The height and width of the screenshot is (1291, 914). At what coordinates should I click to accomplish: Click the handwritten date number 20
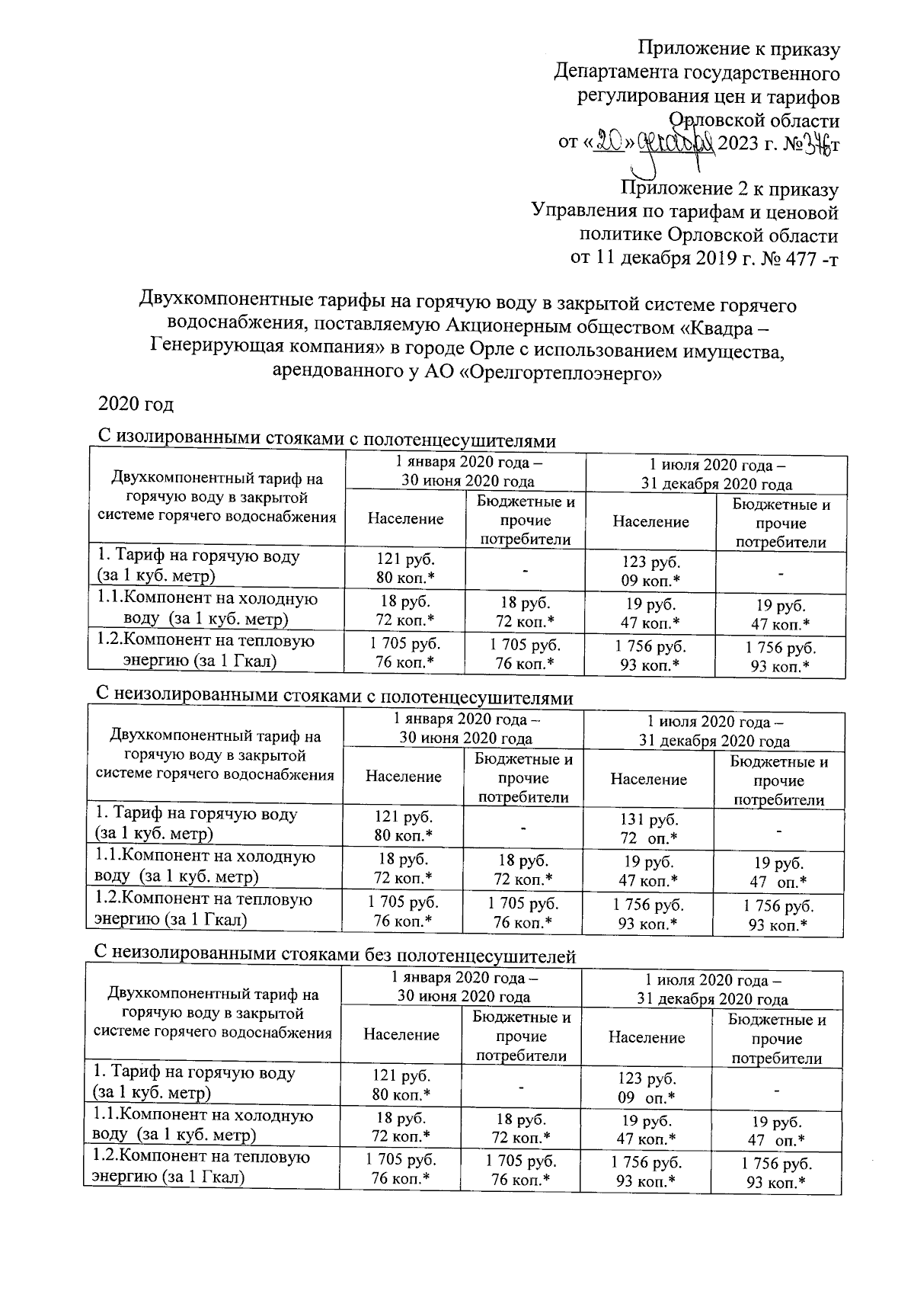pos(609,143)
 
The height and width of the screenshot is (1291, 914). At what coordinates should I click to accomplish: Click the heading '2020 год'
pos(136,404)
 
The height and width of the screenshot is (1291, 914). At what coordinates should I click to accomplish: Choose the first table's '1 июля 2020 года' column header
pos(716,474)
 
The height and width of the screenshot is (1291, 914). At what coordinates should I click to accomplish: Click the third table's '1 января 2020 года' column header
pos(463,987)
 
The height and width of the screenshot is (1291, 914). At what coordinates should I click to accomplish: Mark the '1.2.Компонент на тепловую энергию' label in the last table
pos(201,1167)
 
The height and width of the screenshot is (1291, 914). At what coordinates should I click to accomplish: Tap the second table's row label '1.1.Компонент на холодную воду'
pos(204,867)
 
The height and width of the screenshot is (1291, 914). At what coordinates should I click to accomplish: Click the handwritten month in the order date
pos(674,143)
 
